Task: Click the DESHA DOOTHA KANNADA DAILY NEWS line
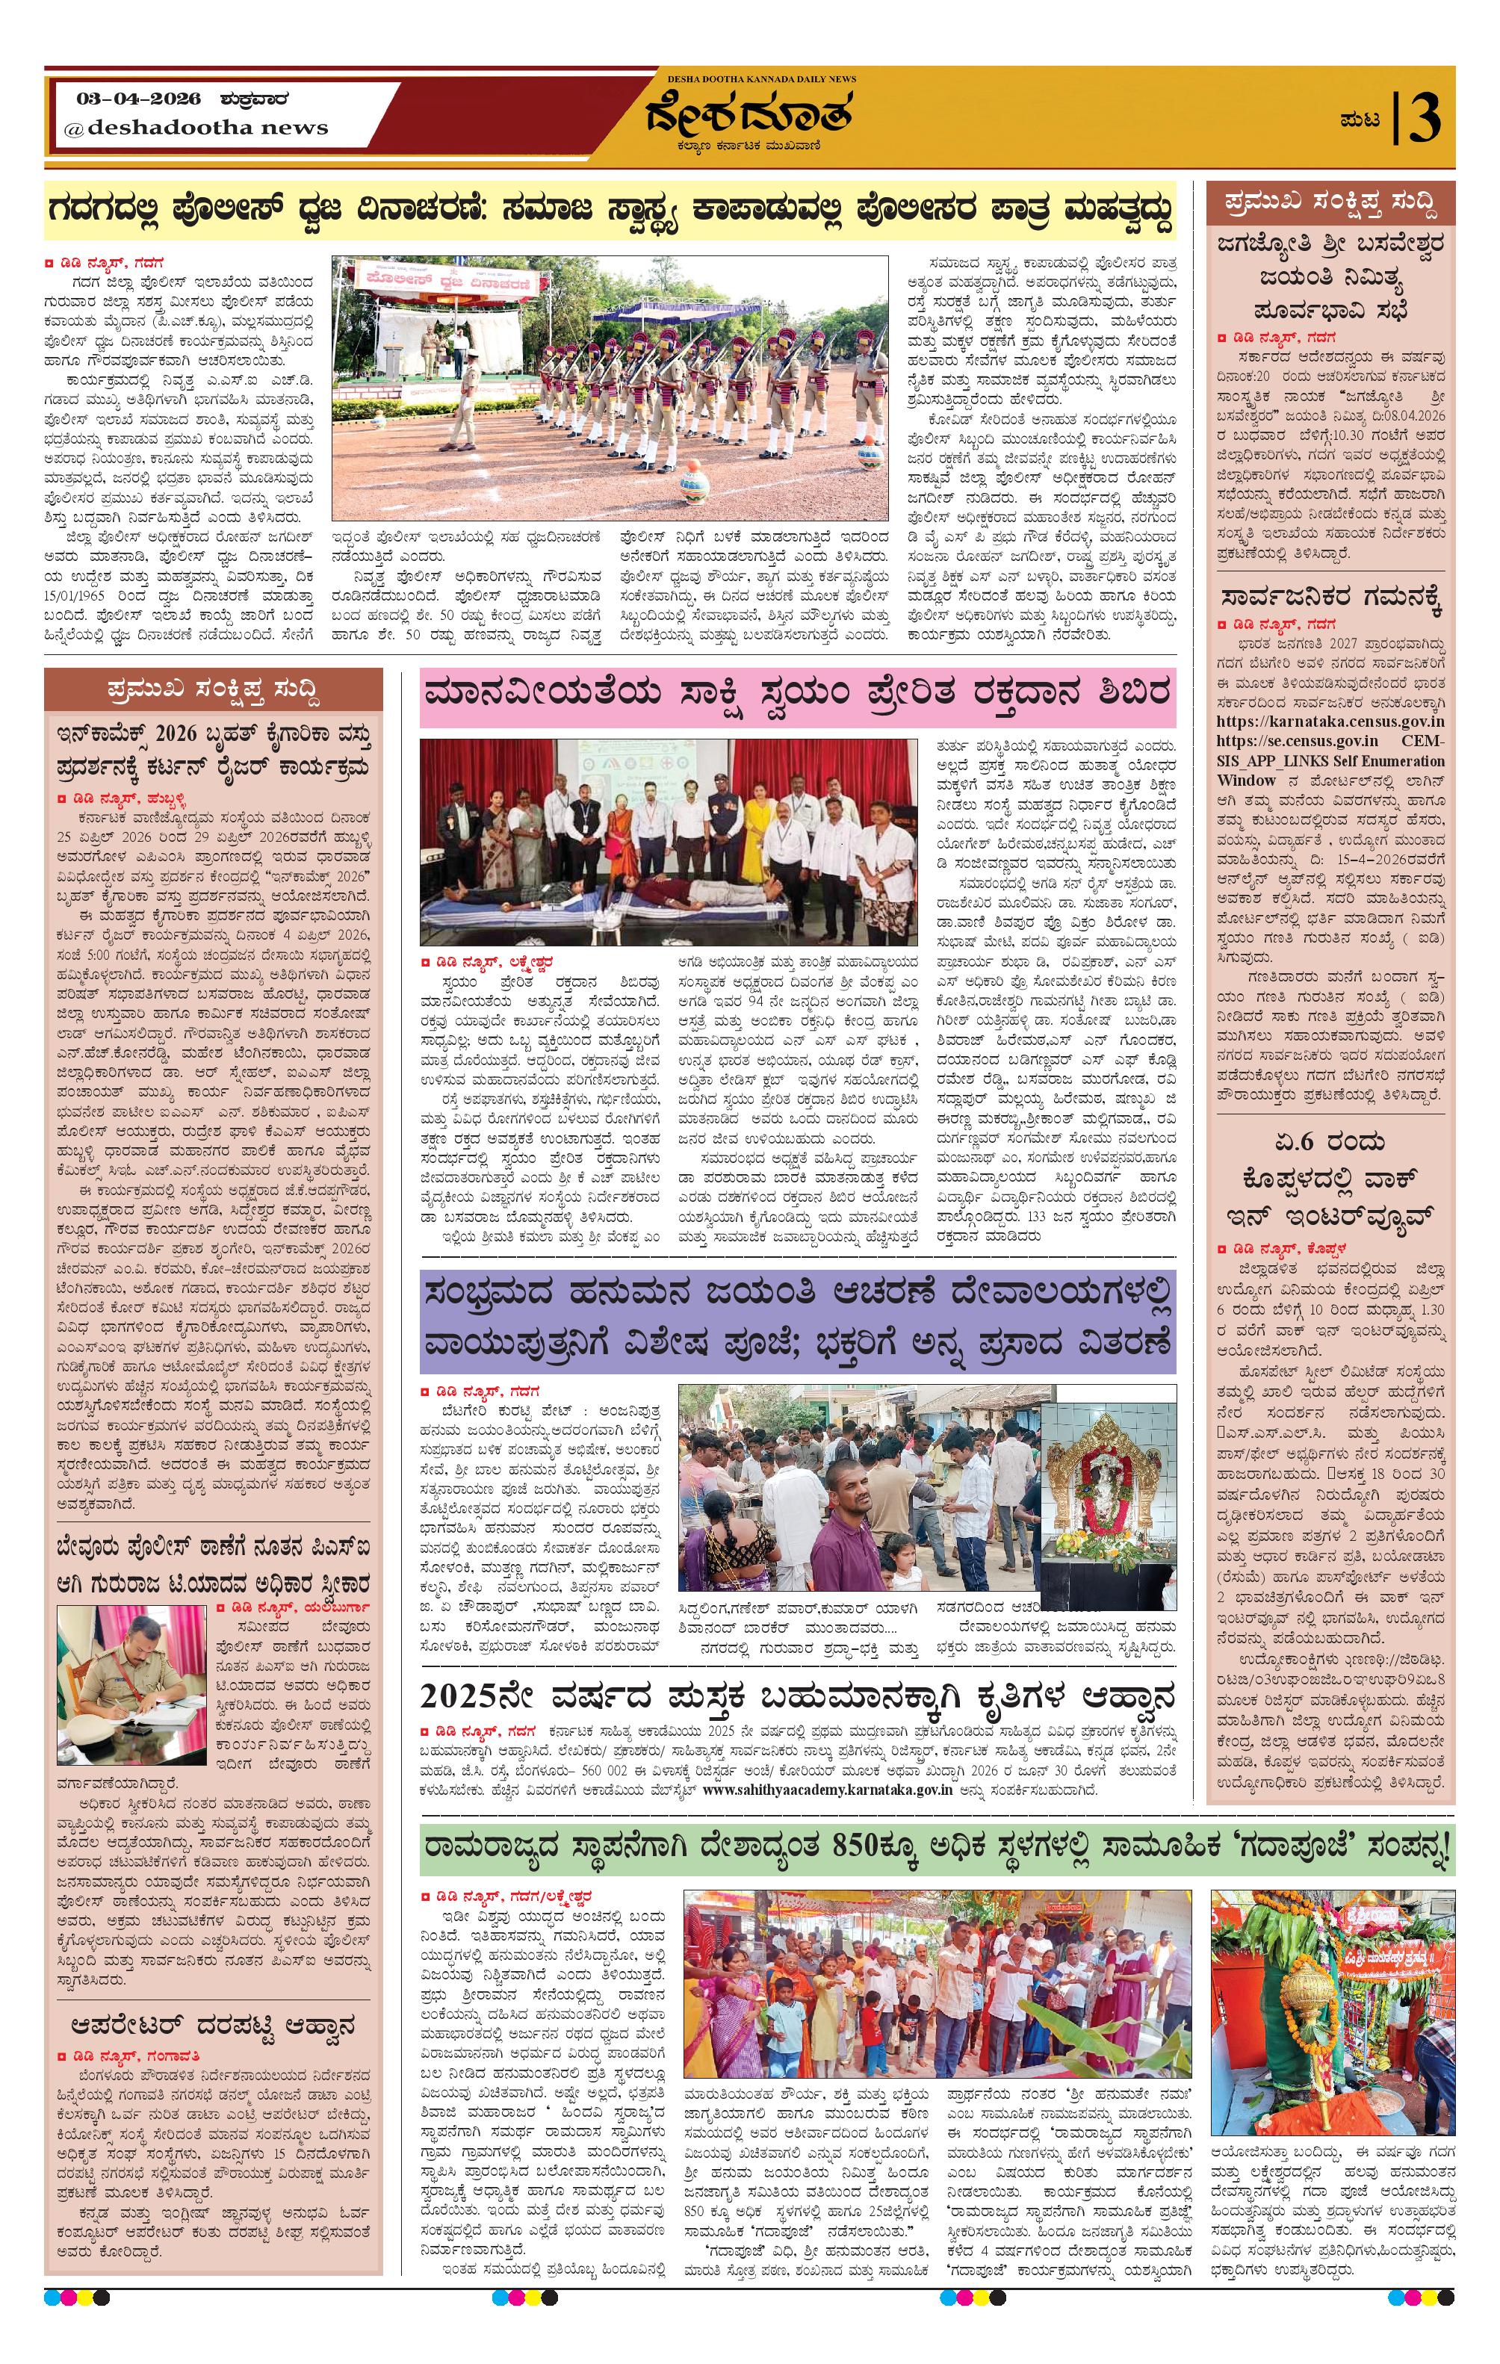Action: pos(760,78)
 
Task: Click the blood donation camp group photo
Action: pos(668,843)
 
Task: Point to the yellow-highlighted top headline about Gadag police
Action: pos(609,212)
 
